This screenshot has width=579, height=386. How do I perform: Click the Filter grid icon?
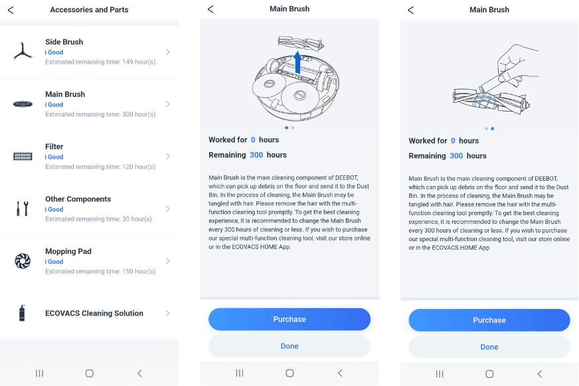pos(23,157)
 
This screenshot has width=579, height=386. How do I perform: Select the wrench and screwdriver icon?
pos(23,209)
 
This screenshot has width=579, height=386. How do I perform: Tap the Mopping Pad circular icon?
pos(23,261)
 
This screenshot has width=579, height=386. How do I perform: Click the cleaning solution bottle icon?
pos(22,313)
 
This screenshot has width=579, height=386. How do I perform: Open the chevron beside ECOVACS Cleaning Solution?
pos(168,313)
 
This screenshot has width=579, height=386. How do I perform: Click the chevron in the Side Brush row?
pos(168,52)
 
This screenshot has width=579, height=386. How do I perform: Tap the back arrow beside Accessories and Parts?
pos(11,10)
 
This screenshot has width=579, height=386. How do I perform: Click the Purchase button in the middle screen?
pos(289,319)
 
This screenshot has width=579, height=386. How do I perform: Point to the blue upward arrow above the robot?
pos(297,62)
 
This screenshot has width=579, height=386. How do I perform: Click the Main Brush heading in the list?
pos(65,94)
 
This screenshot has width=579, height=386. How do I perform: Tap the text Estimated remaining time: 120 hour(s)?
pos(100,167)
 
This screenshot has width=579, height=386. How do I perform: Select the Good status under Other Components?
pos(54,209)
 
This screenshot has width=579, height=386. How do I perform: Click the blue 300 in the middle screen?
pos(256,155)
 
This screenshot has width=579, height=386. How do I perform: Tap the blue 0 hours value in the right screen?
pos(453,141)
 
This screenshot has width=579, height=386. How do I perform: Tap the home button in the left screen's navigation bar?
pos(90,373)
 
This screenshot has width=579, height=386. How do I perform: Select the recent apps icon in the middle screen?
pos(240,373)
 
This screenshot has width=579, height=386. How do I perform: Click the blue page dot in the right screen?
pos(493,128)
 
